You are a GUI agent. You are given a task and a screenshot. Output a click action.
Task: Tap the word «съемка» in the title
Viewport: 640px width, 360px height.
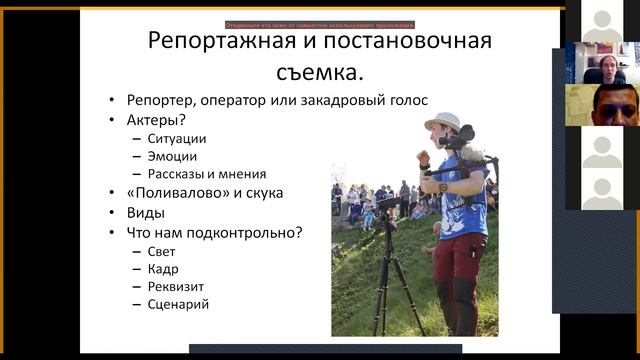point(315,71)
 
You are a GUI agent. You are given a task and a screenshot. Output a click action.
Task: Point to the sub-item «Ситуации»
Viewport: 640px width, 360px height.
point(177,139)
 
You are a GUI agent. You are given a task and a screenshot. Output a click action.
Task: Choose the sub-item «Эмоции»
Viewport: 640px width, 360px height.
point(172,156)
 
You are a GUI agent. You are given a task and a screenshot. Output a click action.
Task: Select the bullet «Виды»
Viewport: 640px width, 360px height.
point(146,213)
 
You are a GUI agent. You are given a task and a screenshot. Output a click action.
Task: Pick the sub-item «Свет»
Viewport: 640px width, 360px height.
point(161,252)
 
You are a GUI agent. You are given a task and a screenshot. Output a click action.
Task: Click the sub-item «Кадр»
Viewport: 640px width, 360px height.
point(163,269)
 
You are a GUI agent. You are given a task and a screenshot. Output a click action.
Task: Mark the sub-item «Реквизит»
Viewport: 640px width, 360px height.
point(176,286)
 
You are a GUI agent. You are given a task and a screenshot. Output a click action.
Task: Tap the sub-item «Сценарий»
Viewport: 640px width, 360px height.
point(178,304)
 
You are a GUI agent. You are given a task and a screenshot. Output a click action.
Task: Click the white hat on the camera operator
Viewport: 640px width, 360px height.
point(441,121)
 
